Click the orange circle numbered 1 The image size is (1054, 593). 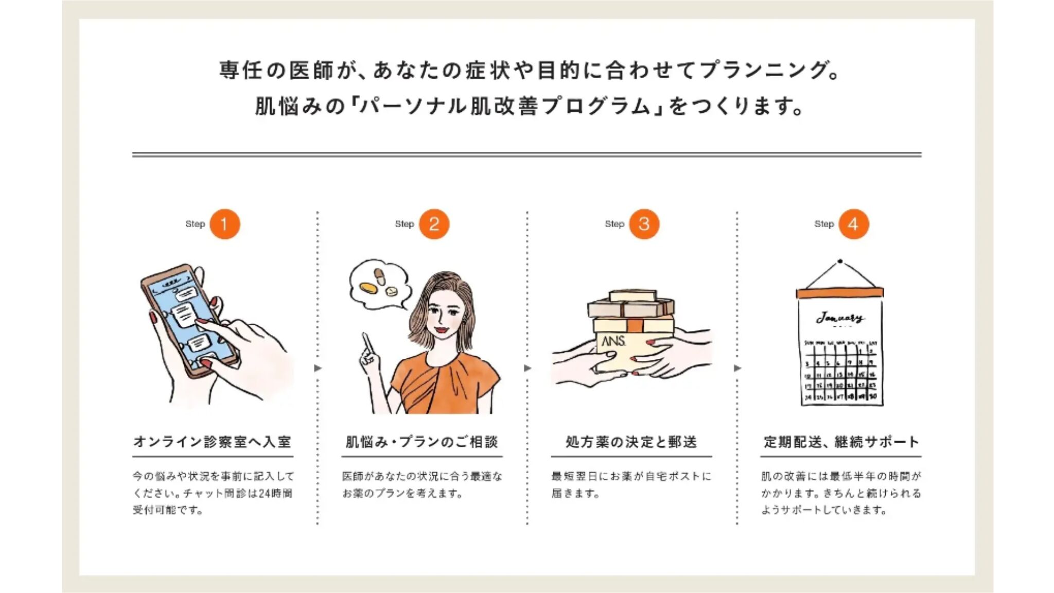(x=224, y=224)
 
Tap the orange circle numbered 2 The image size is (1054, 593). (x=434, y=224)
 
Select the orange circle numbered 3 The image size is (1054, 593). (x=644, y=224)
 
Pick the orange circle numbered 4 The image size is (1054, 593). (x=853, y=224)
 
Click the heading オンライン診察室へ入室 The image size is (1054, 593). (x=213, y=442)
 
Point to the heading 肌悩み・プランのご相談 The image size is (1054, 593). (x=422, y=442)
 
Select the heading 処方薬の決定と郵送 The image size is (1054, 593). (x=631, y=442)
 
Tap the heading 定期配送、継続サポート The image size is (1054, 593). (x=841, y=442)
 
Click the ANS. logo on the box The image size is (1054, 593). (x=613, y=341)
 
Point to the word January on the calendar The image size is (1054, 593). (x=840, y=318)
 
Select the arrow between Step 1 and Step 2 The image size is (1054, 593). (x=318, y=368)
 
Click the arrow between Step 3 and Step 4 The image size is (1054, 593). (x=737, y=368)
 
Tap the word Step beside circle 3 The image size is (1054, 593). (x=614, y=224)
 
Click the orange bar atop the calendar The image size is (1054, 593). (x=839, y=293)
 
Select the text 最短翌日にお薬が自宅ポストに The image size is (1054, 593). (x=631, y=476)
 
